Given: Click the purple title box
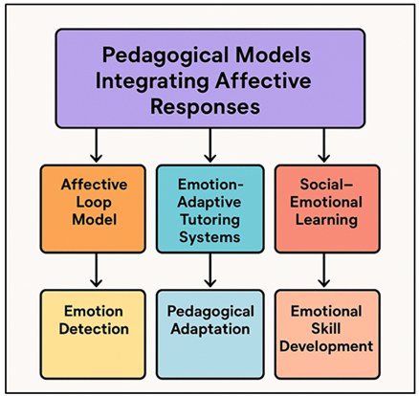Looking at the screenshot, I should [209, 78].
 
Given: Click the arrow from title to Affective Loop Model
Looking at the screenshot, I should [96, 146].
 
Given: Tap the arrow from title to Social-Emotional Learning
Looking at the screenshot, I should [325, 146].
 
